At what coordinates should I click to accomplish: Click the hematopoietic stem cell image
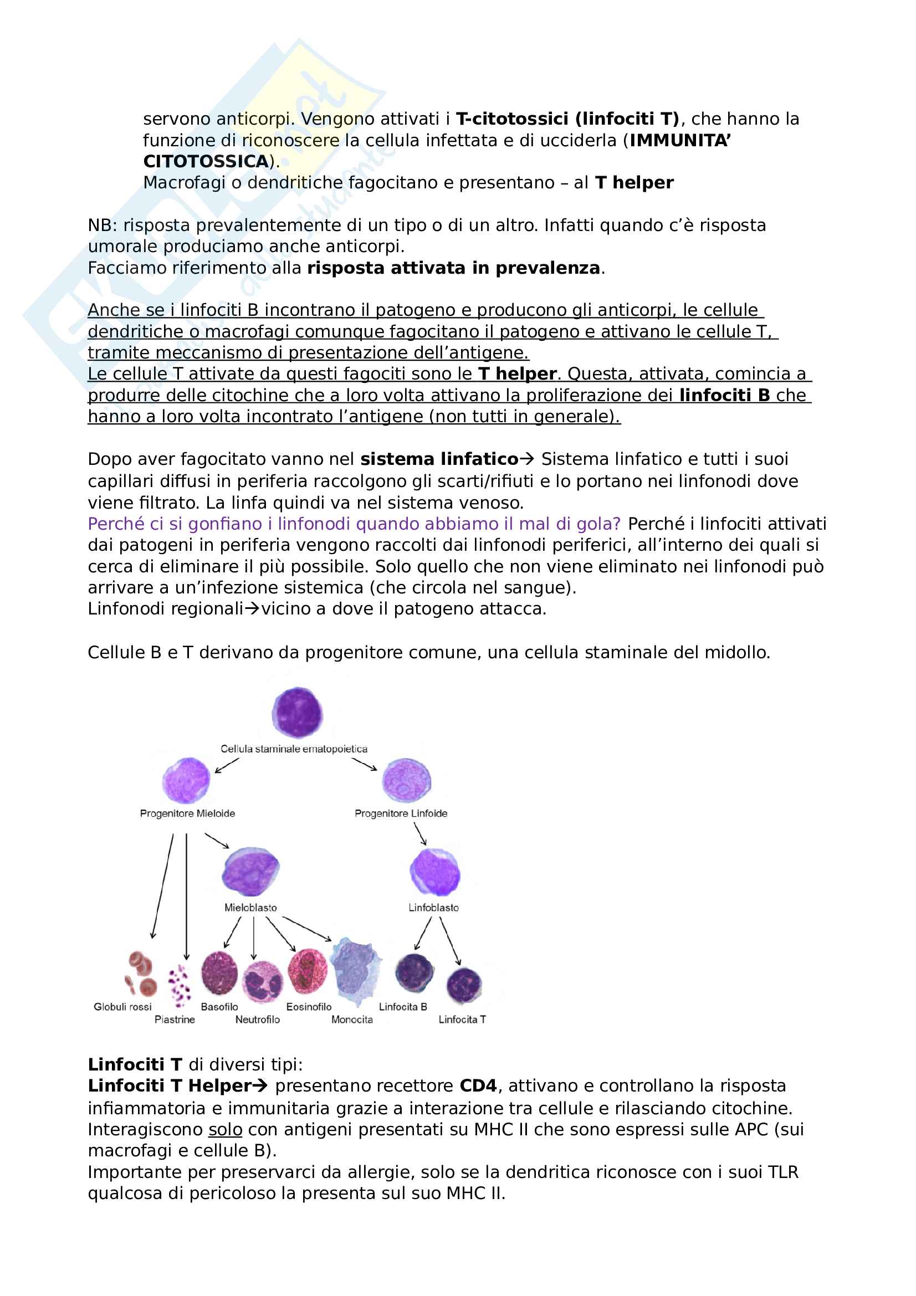coord(297,713)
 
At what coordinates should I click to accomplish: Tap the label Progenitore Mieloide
coord(187,813)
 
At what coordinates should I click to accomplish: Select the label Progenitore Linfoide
coord(401,813)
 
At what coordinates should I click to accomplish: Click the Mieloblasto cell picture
coord(250,872)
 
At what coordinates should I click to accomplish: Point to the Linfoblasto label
coord(433,908)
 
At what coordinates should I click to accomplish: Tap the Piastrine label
coord(175,1020)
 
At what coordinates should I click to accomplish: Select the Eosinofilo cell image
coord(308,971)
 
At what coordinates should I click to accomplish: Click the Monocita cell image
coord(355,971)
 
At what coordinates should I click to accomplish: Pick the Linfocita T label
coord(462,1020)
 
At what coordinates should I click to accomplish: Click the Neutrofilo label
coord(257,1020)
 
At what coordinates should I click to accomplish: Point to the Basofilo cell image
coord(219,973)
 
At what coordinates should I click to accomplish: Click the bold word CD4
coord(478,1086)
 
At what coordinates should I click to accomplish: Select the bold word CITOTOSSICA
coord(206,161)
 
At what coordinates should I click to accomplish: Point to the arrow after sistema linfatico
coord(526,459)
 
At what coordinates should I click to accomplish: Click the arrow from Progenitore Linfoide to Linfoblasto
coord(420,834)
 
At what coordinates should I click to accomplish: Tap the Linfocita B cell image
coord(415,973)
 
